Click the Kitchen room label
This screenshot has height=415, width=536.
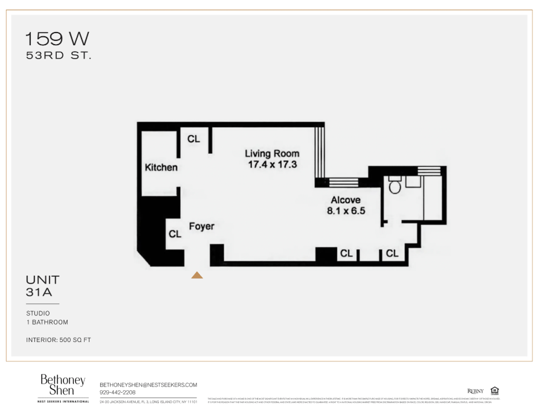click(x=161, y=167)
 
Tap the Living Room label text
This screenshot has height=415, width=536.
click(x=271, y=153)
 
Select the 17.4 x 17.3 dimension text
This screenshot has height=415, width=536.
click(x=272, y=164)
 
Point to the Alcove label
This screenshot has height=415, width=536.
click(x=345, y=200)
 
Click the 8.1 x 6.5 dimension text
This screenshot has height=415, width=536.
click(x=345, y=211)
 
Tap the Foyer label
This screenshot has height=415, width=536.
click(x=201, y=226)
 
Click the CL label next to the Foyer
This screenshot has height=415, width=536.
click(x=175, y=233)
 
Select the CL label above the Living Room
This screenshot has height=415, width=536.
click(x=193, y=138)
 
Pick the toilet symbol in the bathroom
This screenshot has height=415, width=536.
click(x=395, y=186)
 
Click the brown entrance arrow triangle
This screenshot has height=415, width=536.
click(x=197, y=275)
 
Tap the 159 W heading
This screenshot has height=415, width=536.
click(x=57, y=40)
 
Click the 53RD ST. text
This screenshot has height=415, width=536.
click(x=58, y=55)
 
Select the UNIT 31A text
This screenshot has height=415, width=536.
click(x=42, y=286)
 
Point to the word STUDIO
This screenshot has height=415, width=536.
click(x=38, y=313)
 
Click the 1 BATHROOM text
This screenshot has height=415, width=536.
click(x=47, y=322)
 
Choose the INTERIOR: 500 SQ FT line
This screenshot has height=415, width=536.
click(x=58, y=340)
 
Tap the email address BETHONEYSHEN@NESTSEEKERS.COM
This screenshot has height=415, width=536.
click(x=148, y=384)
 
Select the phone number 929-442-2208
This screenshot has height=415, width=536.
click(x=117, y=391)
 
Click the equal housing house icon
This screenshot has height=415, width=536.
click(x=494, y=390)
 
